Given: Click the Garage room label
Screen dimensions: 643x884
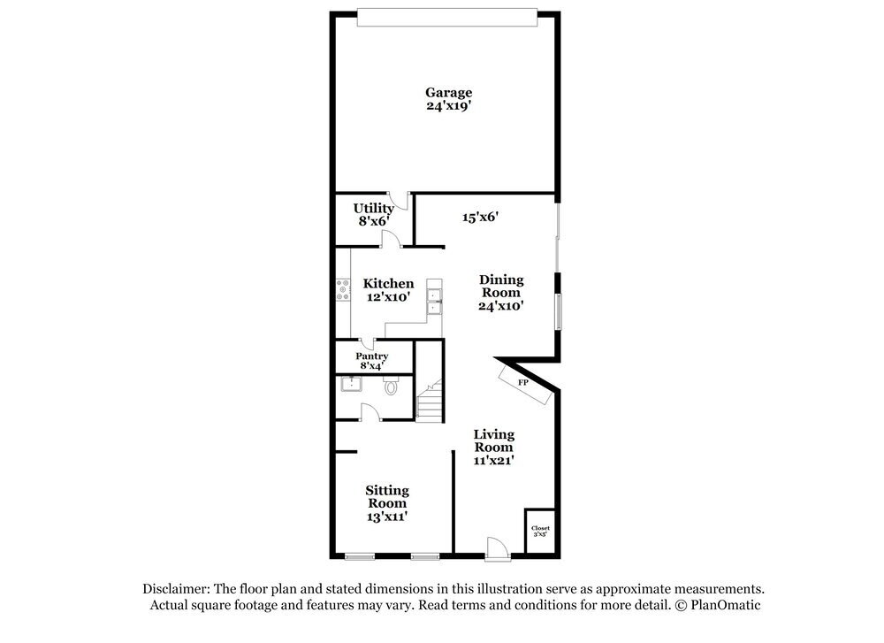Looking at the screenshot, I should coord(448,92).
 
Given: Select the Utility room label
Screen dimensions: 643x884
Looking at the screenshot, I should coord(374,208).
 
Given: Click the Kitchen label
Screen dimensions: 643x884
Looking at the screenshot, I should coord(388,284).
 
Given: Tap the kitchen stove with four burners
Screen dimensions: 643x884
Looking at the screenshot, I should coord(342,291).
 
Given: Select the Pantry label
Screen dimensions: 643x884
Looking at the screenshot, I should coord(372,356).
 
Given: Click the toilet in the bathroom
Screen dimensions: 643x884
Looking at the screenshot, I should coord(392,386).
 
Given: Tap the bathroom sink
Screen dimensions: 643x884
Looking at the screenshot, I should coord(351,385).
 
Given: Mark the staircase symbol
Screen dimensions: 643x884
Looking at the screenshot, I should coord(430,401).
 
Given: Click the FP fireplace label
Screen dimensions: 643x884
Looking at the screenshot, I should coord(522,382).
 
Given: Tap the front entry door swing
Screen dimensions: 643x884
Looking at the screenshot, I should coord(498,548).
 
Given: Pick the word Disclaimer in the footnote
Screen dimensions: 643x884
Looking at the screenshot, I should coord(173,588).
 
